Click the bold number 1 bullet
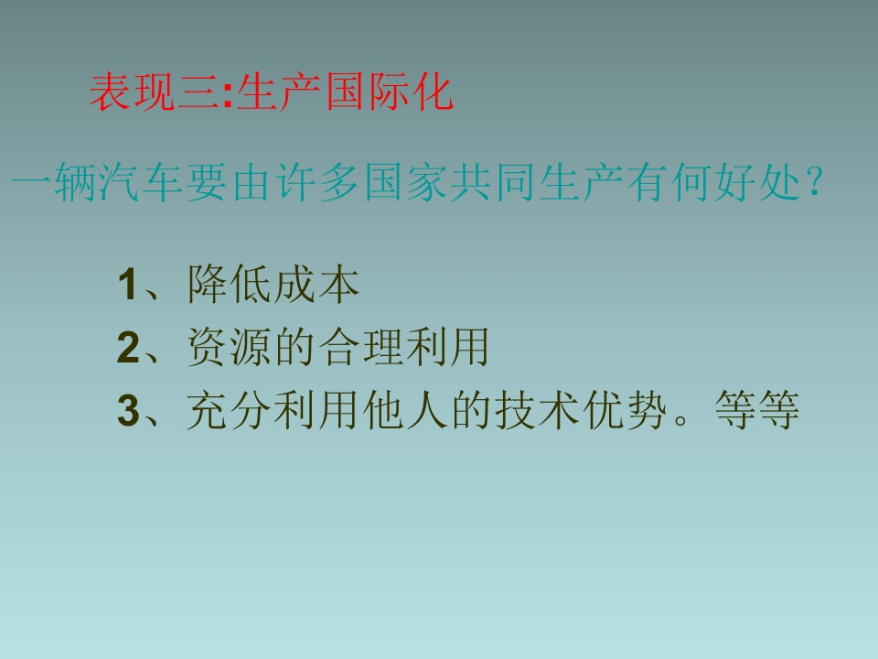pos(126,286)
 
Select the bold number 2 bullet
pos(126,349)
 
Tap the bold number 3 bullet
pos(126,411)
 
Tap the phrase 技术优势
pos(580,410)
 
